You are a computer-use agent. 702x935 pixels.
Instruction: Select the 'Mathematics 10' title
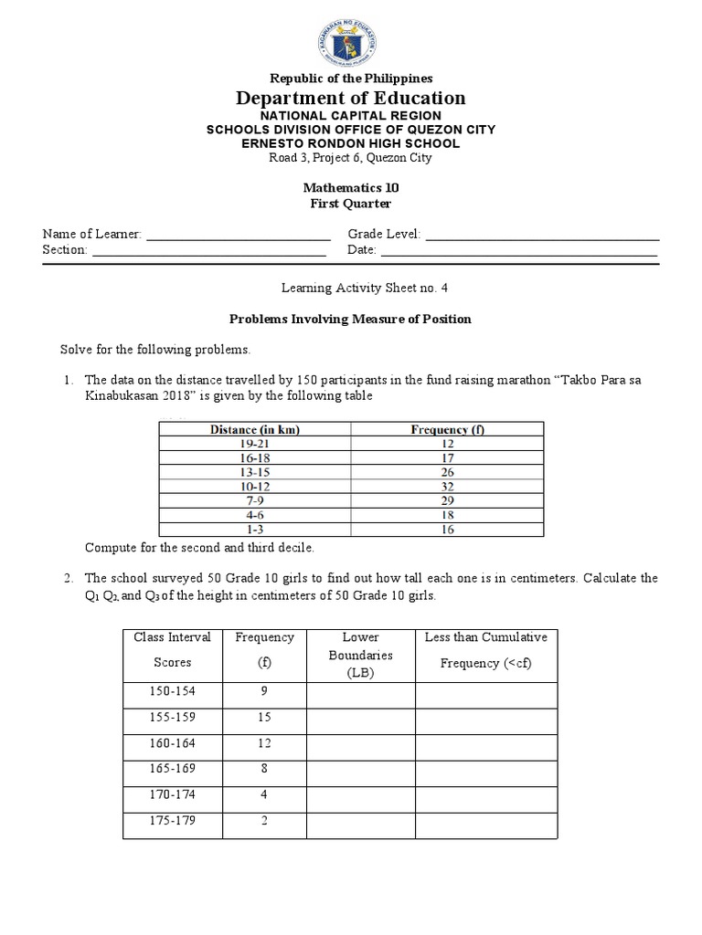click(351, 187)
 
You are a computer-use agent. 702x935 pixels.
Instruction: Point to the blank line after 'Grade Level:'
click(541, 235)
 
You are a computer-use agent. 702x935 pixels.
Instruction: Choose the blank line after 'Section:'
click(208, 250)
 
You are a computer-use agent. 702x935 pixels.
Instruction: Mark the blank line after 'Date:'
click(518, 250)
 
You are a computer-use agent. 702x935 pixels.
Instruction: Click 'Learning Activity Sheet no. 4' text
click(351, 287)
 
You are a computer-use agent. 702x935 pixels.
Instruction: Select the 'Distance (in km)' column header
click(255, 429)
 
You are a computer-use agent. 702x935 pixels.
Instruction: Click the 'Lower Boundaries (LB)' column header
click(360, 655)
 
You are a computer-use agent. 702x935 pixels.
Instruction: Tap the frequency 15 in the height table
click(264, 718)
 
